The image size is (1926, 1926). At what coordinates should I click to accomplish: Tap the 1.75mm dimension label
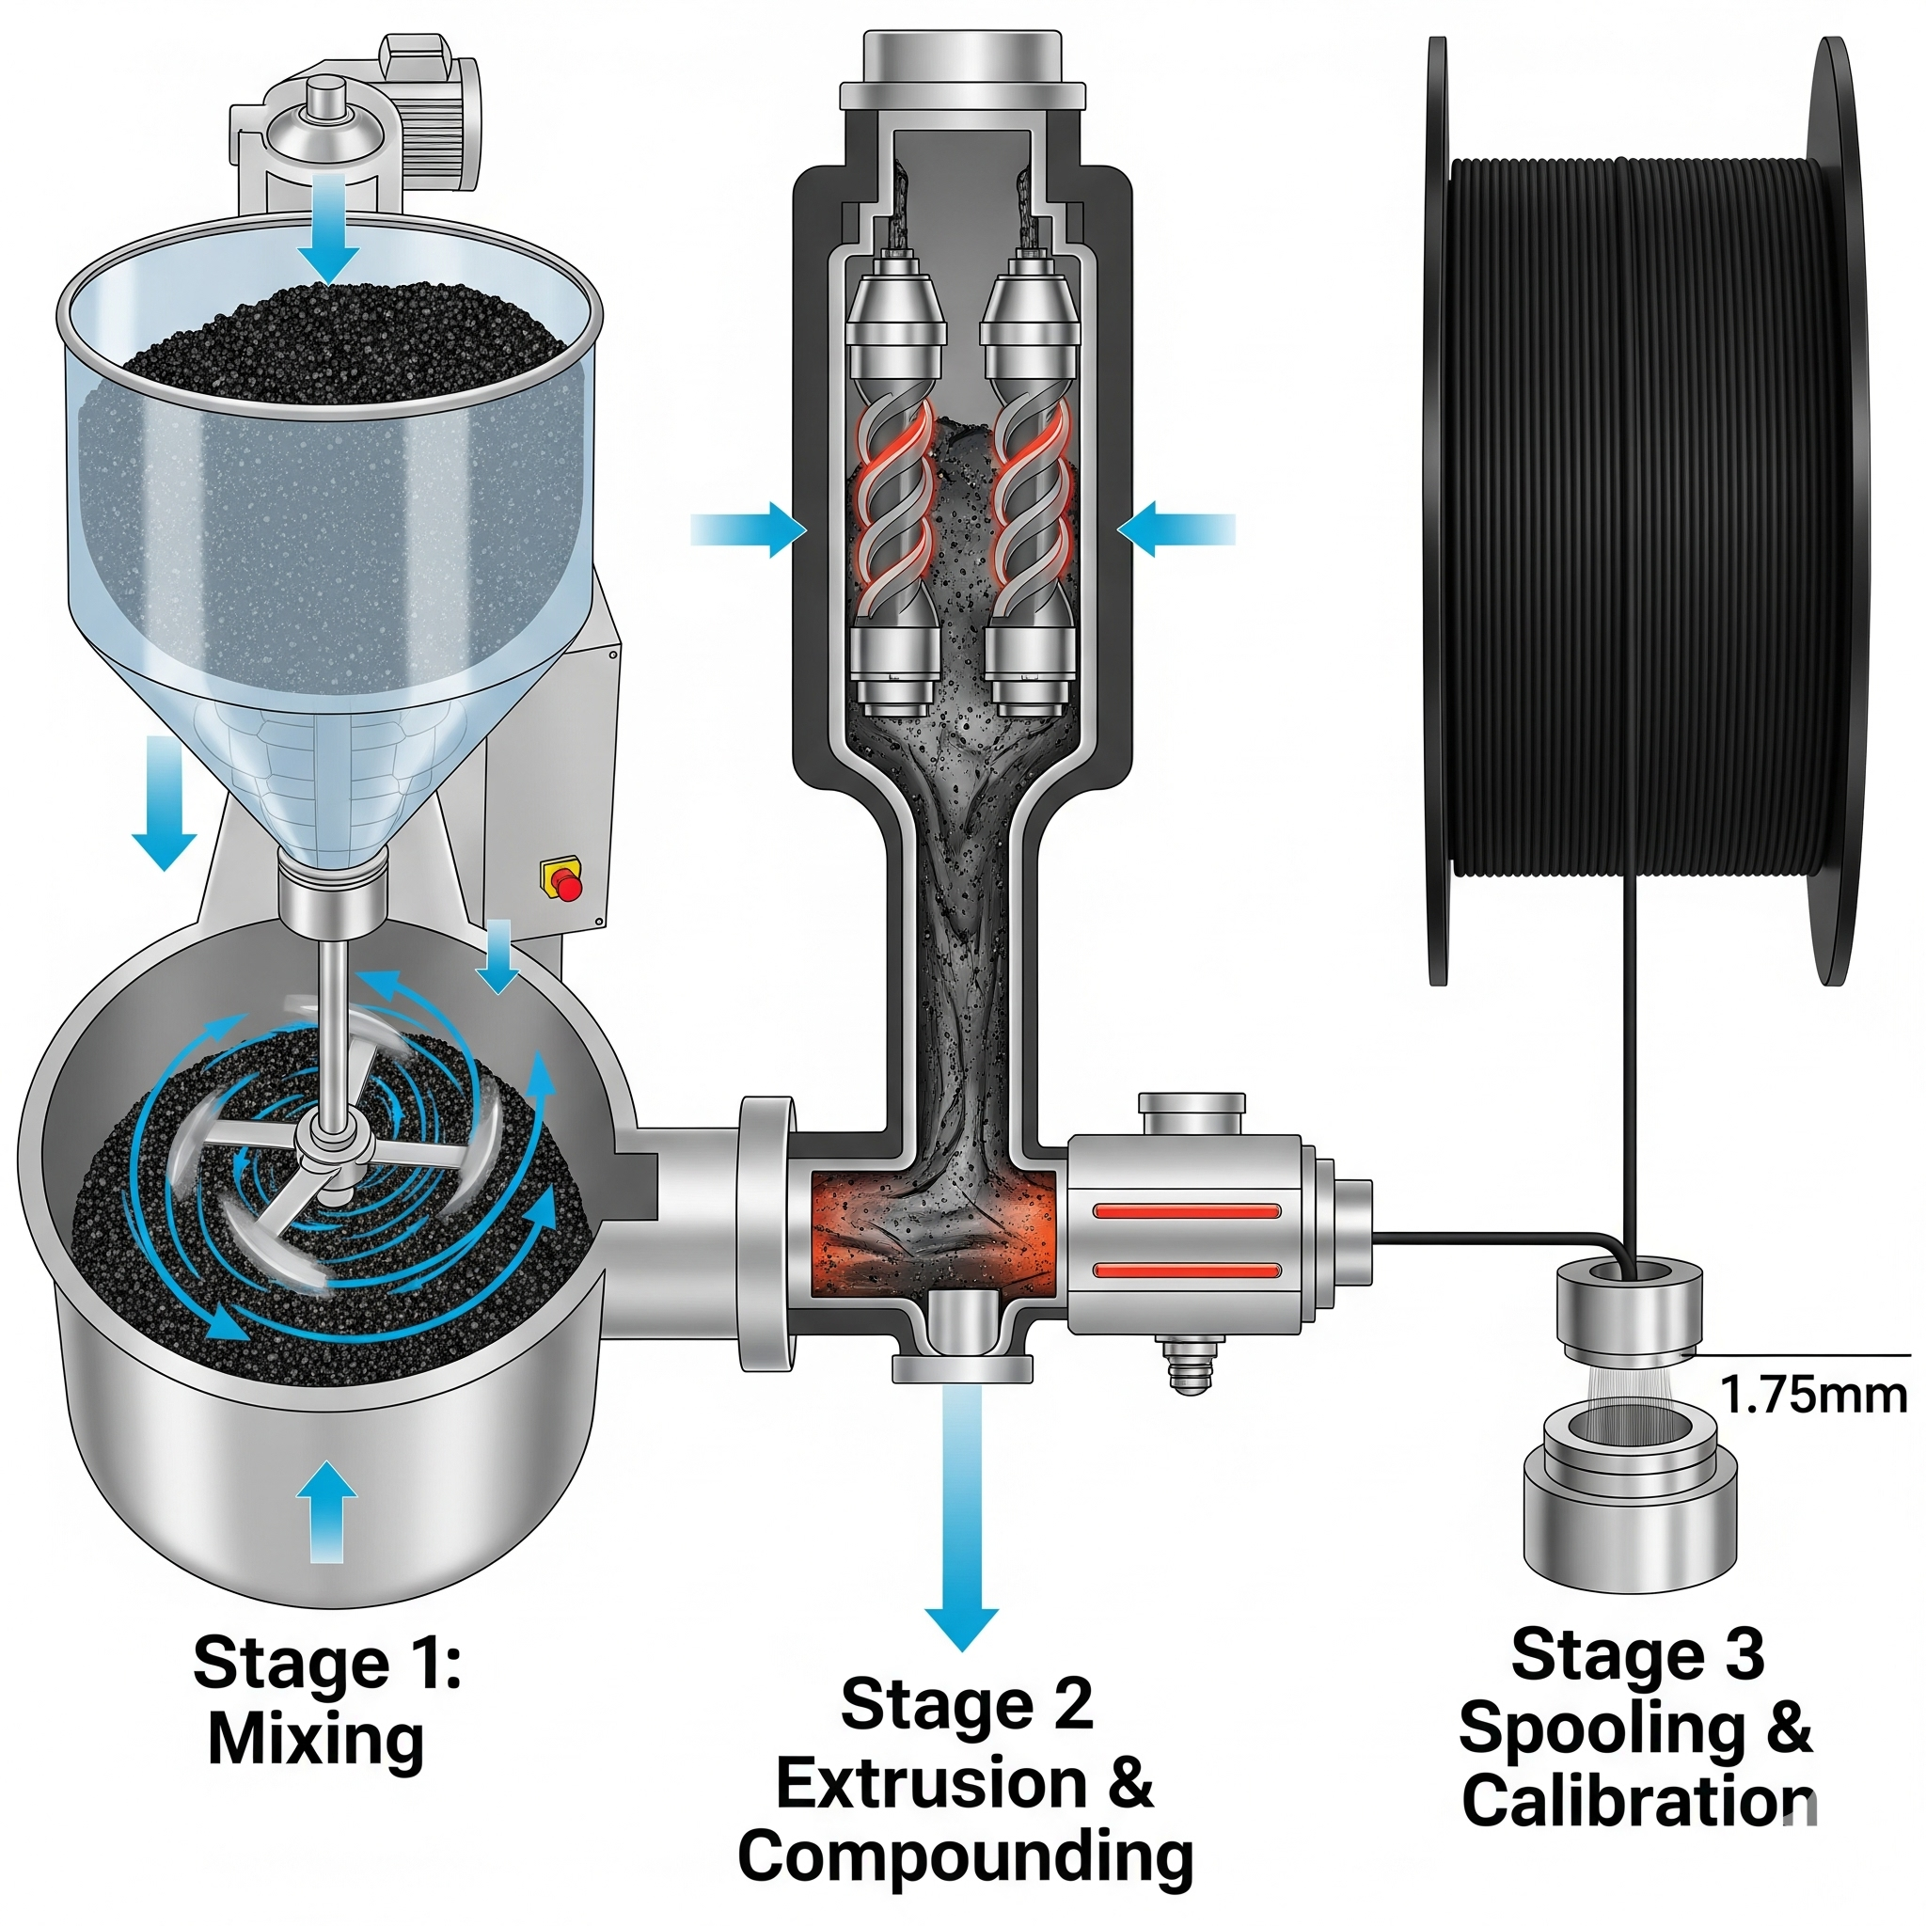1813,1395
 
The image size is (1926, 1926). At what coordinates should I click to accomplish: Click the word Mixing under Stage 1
316,1740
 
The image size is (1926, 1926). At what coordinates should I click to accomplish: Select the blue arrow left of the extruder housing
748,529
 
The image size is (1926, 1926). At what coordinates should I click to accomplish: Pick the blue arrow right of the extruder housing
1176,529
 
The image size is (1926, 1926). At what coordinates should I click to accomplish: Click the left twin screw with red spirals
894,498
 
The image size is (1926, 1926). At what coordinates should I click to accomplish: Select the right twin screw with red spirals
1031,498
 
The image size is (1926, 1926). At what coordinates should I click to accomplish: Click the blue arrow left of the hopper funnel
166,802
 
